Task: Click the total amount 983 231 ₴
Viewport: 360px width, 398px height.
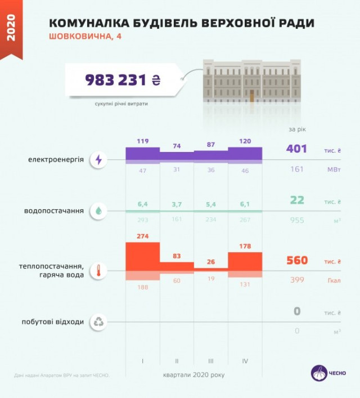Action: (x=123, y=80)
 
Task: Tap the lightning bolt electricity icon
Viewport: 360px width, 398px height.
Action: (x=99, y=160)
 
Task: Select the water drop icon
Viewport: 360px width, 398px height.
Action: (x=99, y=211)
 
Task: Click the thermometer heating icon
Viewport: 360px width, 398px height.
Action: (x=99, y=270)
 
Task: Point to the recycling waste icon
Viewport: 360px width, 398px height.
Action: (x=99, y=322)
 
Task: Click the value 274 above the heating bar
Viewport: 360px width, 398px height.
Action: (x=142, y=236)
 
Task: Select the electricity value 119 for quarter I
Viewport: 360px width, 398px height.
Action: (x=142, y=141)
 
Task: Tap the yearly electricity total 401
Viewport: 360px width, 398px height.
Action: (x=296, y=149)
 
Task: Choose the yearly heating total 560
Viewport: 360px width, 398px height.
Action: (x=296, y=260)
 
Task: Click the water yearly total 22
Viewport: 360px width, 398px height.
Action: (x=297, y=200)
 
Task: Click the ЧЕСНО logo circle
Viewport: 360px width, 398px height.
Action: (x=319, y=373)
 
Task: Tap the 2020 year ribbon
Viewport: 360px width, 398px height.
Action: (x=11, y=28)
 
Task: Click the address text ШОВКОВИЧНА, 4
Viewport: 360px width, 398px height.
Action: (x=85, y=37)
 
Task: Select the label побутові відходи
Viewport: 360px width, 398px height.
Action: (x=58, y=322)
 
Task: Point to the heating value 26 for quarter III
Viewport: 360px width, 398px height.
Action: (x=210, y=261)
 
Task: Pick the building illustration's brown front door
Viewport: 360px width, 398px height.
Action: (x=251, y=95)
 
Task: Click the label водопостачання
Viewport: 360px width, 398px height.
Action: (x=54, y=211)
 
